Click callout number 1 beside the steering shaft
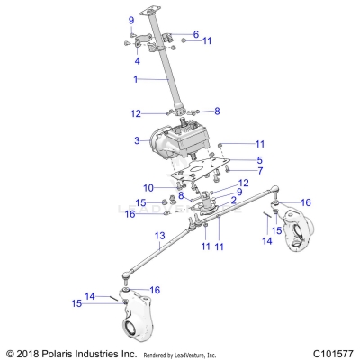136,80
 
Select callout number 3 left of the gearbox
137,141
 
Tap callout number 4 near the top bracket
137,61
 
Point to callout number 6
195,34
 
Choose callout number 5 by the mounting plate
234,159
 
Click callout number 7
234,170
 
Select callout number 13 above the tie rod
158,238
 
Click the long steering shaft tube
166,72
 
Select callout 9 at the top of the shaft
131,20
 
